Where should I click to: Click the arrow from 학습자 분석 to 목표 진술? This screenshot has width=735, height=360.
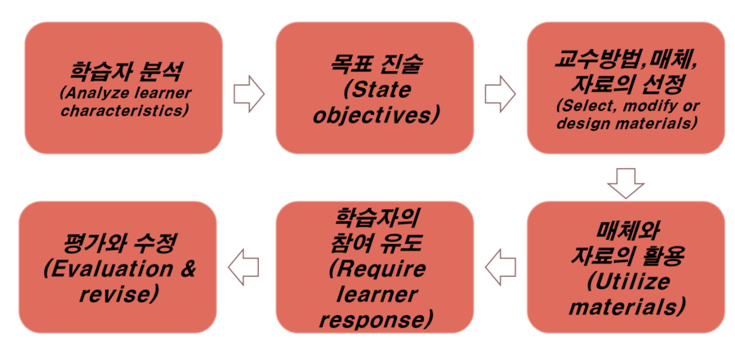click(249, 94)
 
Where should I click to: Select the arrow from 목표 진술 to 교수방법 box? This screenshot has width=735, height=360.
click(500, 94)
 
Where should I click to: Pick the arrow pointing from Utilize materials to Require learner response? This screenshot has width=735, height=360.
click(500, 267)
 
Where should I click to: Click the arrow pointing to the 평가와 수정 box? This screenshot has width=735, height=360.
click(243, 267)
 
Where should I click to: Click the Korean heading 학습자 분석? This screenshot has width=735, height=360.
click(126, 72)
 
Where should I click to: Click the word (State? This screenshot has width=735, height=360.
click(376, 91)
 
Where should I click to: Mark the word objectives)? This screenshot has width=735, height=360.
click(376, 115)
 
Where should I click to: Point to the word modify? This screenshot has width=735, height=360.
click(649, 106)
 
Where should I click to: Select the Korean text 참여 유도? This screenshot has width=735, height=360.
click(376, 245)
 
